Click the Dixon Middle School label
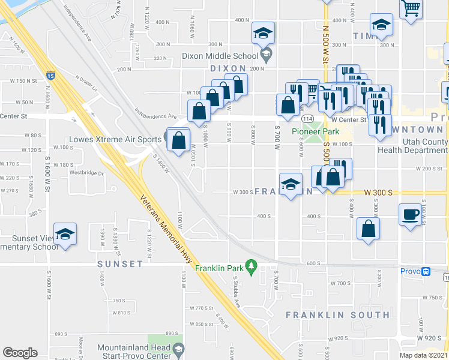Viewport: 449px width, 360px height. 219,55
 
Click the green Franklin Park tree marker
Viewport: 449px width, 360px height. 253,264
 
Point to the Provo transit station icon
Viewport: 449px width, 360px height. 426,271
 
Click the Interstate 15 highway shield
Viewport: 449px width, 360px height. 50,76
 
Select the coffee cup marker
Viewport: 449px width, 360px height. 411,214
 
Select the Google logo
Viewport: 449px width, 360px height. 20,353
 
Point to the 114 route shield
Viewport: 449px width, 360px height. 307,118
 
